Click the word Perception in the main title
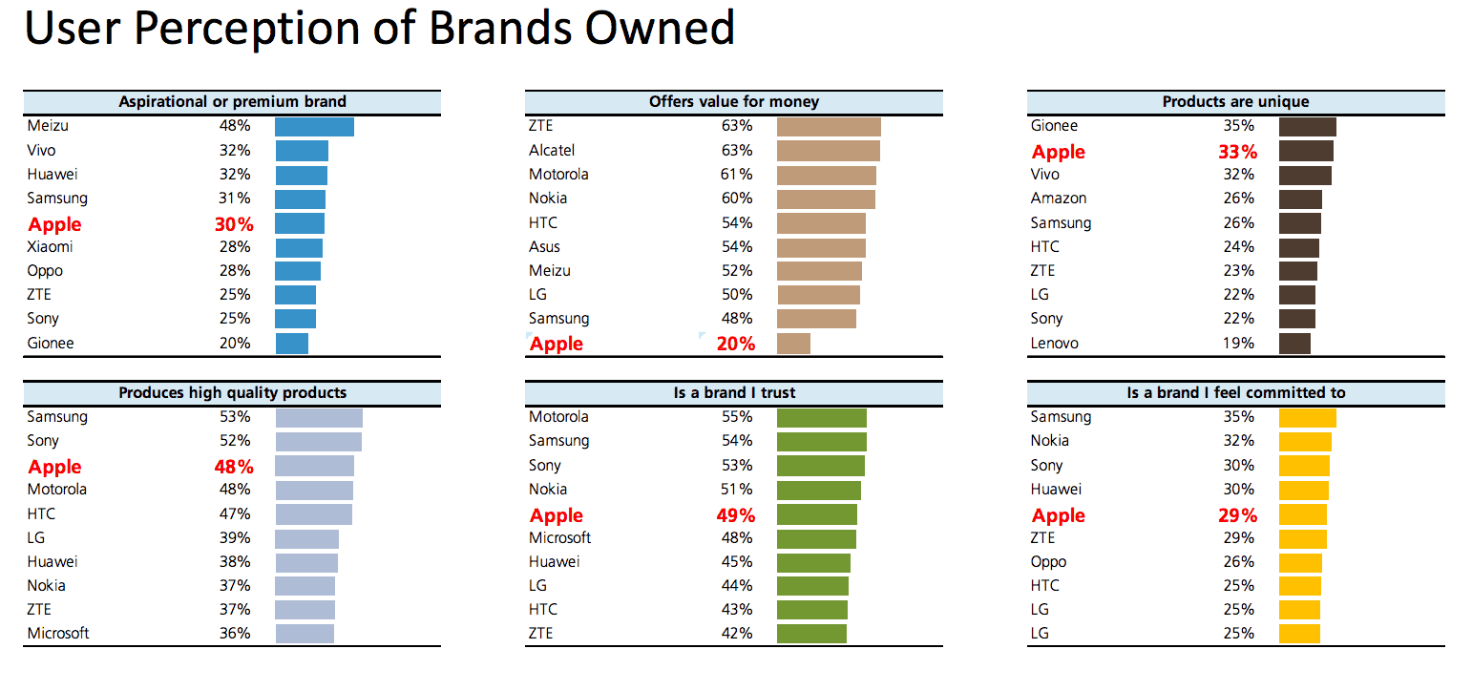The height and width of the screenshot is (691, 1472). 275,29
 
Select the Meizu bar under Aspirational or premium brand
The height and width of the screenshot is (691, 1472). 314,127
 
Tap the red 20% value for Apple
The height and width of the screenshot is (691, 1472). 736,345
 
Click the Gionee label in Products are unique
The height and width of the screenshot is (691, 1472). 1054,126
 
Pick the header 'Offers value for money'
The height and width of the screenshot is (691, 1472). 733,102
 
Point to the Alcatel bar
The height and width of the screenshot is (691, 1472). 828,151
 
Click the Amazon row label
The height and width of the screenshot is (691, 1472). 1059,199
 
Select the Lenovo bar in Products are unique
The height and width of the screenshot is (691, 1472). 1294,344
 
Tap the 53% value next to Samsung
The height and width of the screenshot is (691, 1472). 234,417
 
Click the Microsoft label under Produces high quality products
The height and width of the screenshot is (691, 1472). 58,634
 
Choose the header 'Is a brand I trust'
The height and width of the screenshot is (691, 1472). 733,393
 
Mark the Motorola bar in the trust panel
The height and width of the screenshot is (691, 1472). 821,418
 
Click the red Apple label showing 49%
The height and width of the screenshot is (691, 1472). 557,516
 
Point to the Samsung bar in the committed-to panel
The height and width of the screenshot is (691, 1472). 1307,418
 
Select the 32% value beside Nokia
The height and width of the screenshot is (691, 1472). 1239,441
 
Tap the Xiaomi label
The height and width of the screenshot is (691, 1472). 50,247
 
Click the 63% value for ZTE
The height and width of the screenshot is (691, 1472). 737,126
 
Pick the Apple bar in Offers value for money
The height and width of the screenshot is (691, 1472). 793,344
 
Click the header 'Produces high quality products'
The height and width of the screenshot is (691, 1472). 232,393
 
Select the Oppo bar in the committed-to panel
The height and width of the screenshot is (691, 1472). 1300,562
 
